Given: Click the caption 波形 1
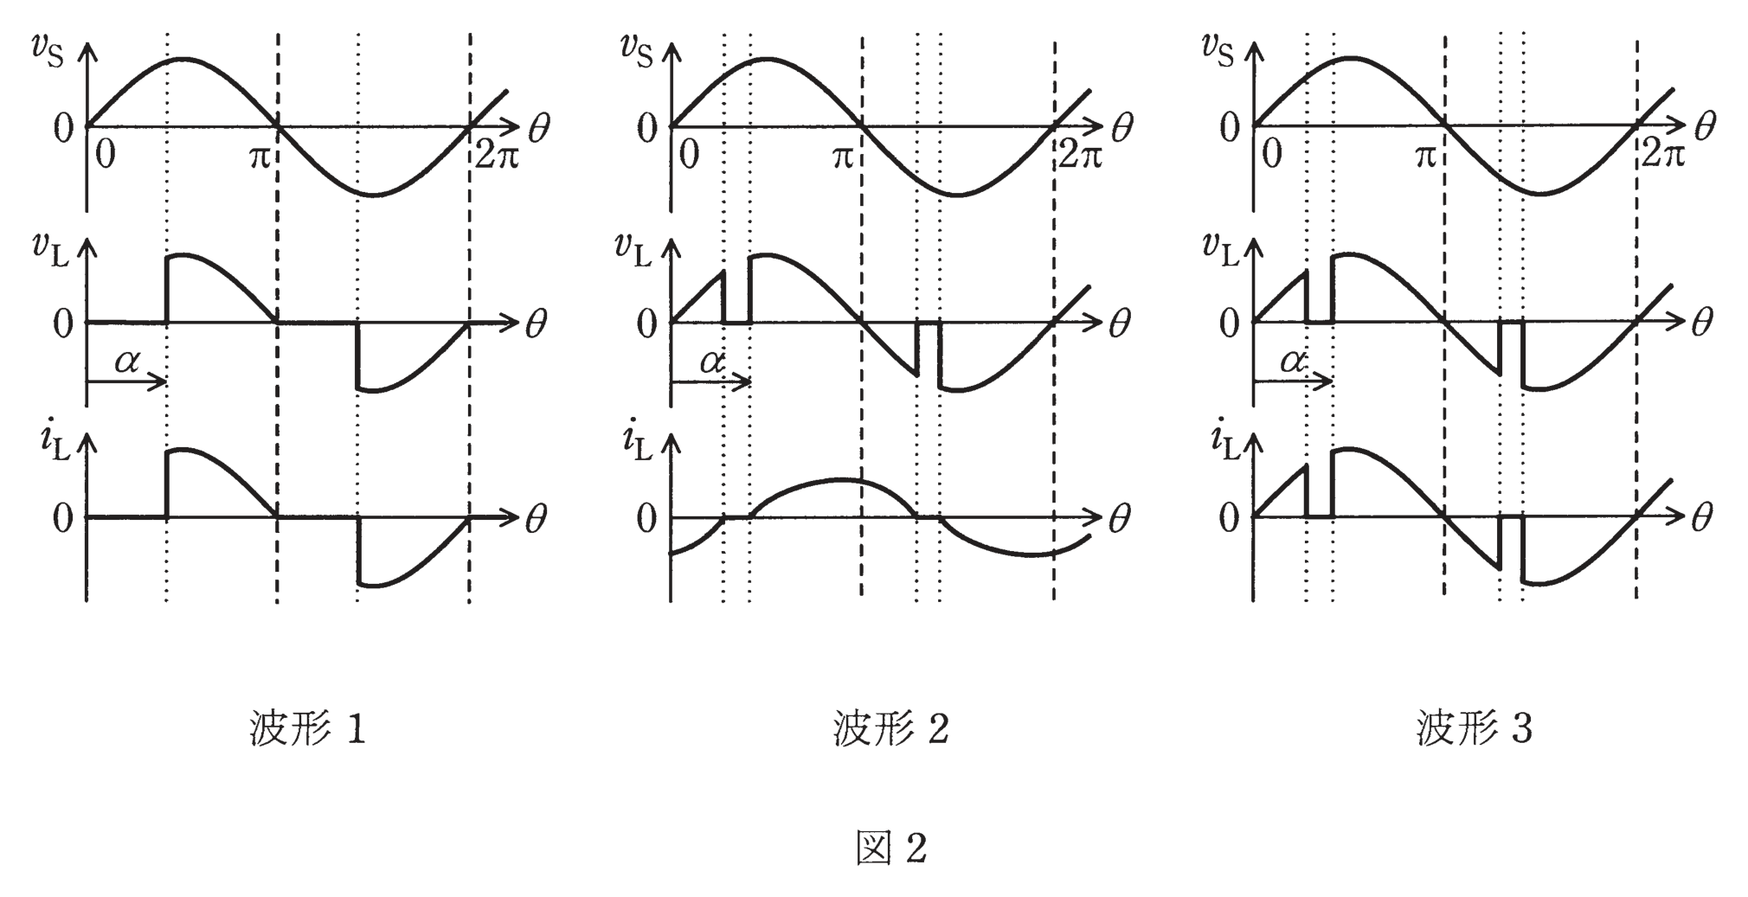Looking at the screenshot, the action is click(x=308, y=728).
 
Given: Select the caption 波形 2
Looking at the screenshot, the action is click(x=891, y=728).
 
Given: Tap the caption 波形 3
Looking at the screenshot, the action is click(x=1475, y=728).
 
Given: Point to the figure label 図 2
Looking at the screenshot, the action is click(x=891, y=848).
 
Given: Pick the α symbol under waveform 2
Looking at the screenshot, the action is click(x=712, y=362).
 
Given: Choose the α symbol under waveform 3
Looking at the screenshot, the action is click(x=1294, y=362).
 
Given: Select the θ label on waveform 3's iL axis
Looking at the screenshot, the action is click(x=1702, y=518).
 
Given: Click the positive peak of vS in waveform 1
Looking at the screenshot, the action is click(x=182, y=59).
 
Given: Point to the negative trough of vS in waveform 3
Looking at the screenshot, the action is click(x=1540, y=194).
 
